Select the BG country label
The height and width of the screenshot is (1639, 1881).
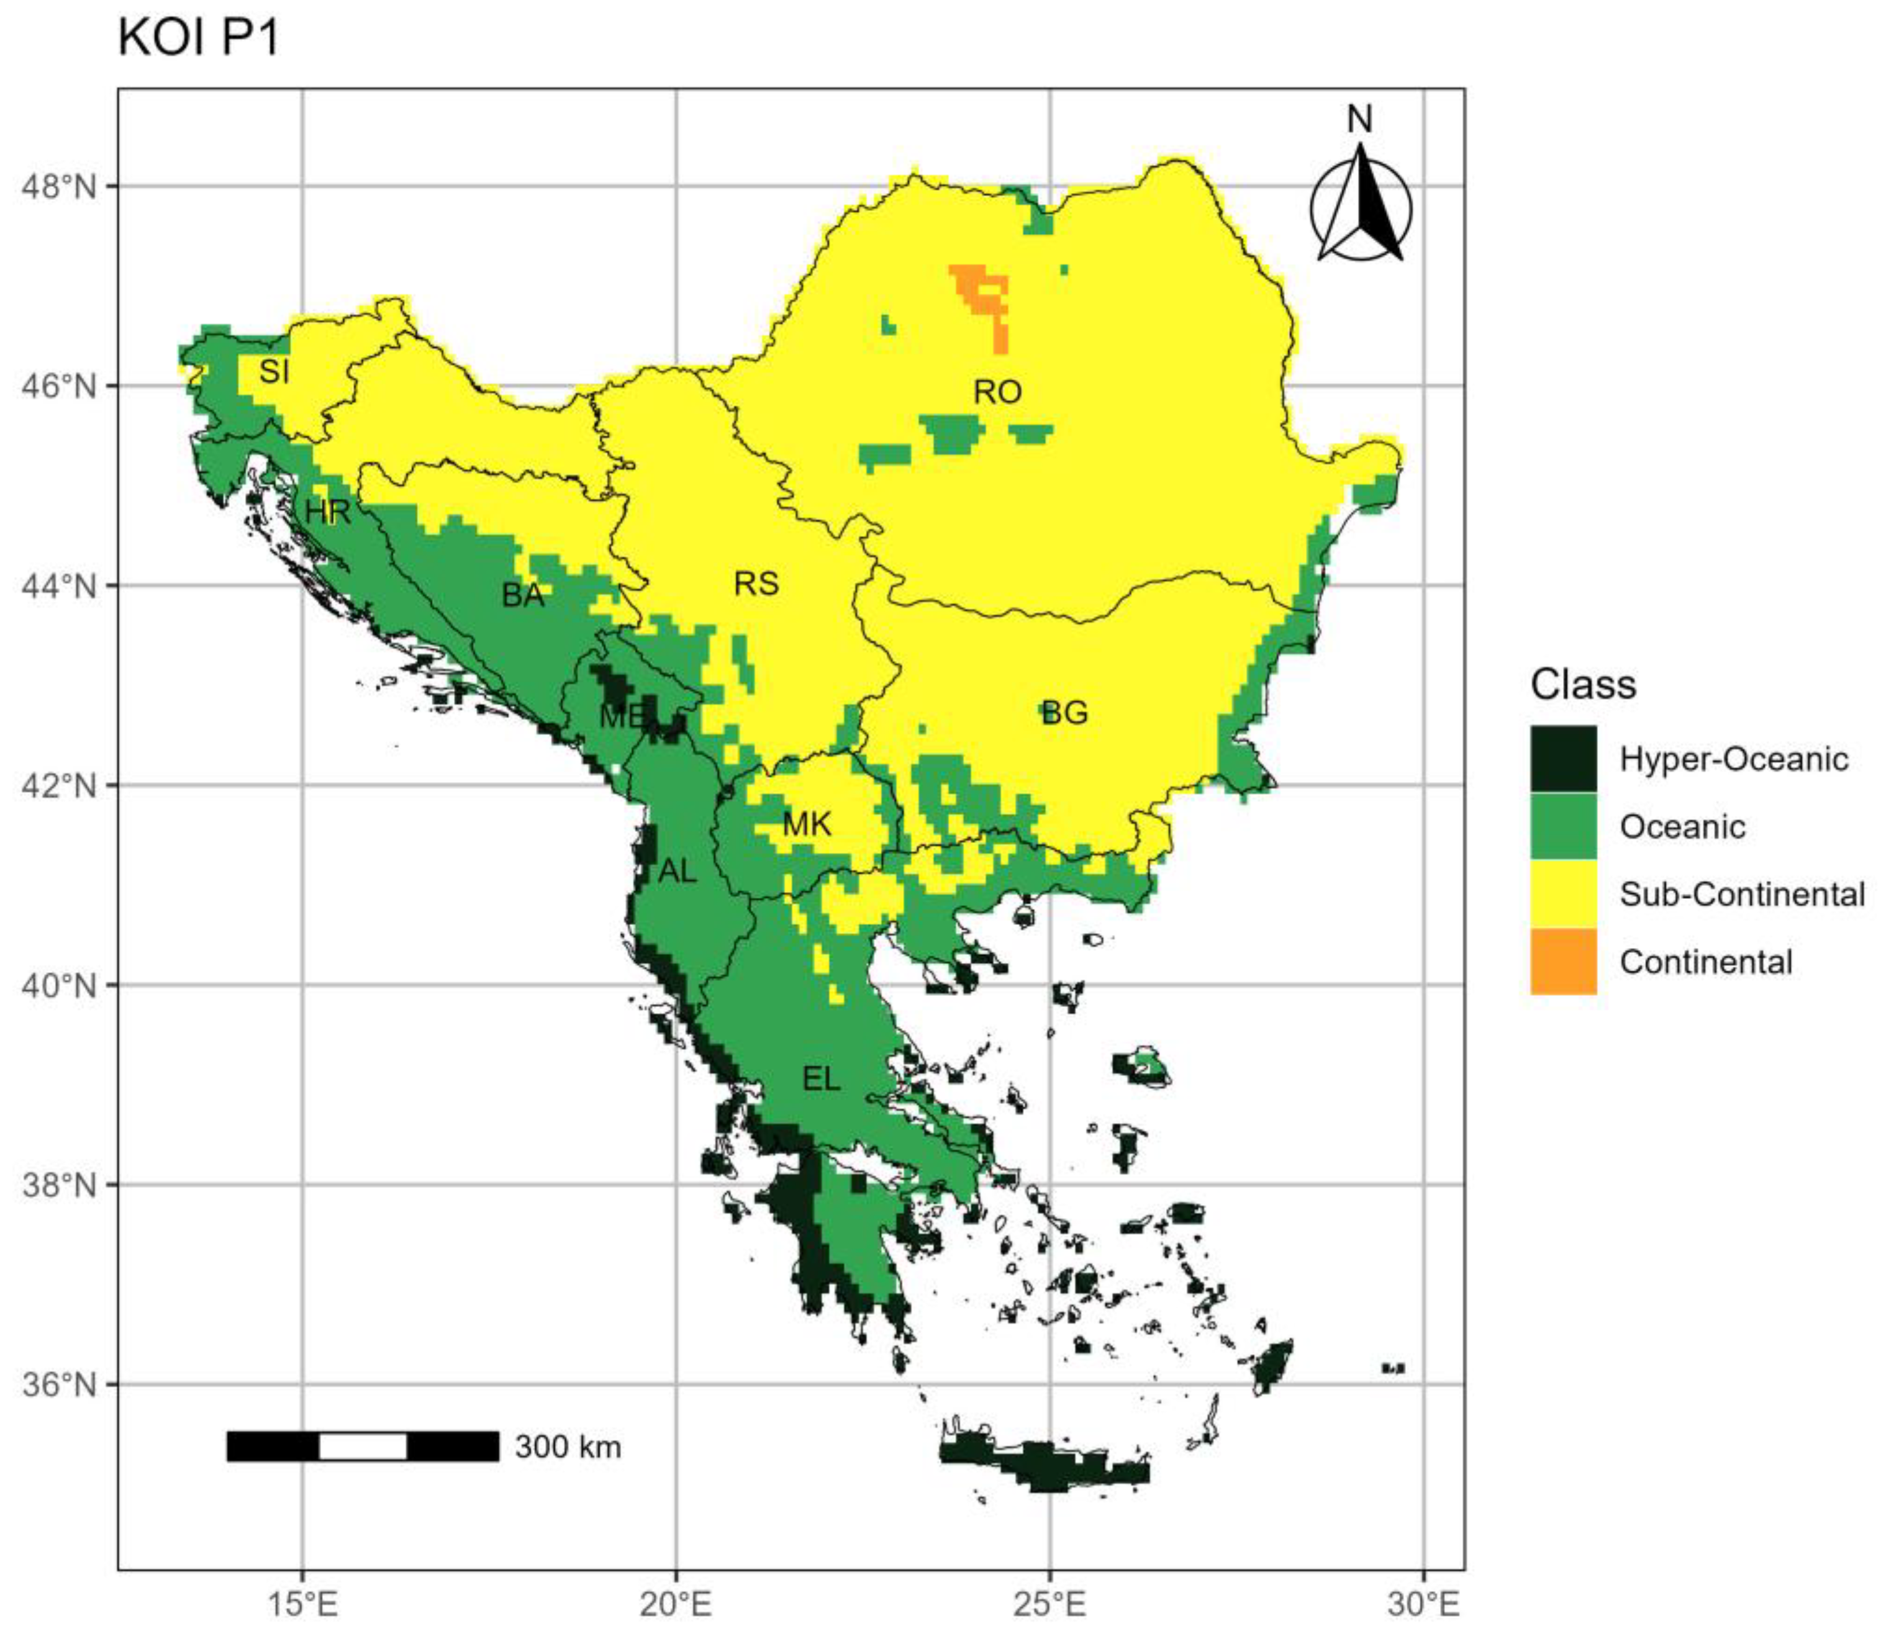1065,713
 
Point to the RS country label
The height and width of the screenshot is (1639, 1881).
756,584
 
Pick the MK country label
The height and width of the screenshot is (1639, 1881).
806,825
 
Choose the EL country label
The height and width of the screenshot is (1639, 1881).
821,1079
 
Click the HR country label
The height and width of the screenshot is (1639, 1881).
327,512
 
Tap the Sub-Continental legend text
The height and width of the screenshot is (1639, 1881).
1741,895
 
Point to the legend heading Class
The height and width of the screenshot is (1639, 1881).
1583,684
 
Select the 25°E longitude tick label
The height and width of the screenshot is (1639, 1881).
1049,1604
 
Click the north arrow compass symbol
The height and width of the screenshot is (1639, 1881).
1361,205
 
